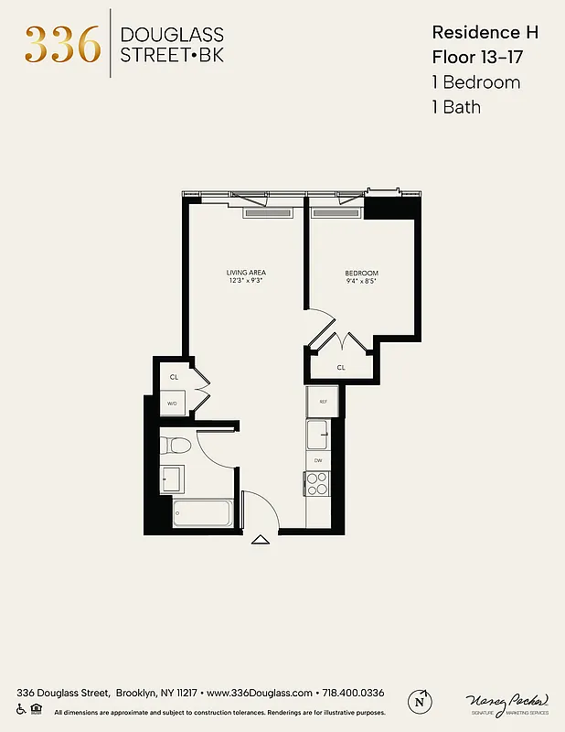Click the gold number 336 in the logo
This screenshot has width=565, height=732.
point(62,44)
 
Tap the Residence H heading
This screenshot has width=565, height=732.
point(485,32)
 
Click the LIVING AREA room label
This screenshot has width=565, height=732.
point(246,273)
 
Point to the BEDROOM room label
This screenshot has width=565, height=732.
point(361,274)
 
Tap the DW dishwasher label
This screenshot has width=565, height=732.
point(318,460)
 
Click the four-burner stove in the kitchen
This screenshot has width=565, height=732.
point(317,484)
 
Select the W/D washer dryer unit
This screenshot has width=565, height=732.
point(173,403)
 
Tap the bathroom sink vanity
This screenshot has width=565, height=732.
point(172,479)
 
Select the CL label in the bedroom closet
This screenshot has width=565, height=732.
point(341,367)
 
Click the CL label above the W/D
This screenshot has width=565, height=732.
point(174,377)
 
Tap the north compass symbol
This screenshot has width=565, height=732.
point(421,700)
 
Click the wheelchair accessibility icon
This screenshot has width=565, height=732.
point(21,710)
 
